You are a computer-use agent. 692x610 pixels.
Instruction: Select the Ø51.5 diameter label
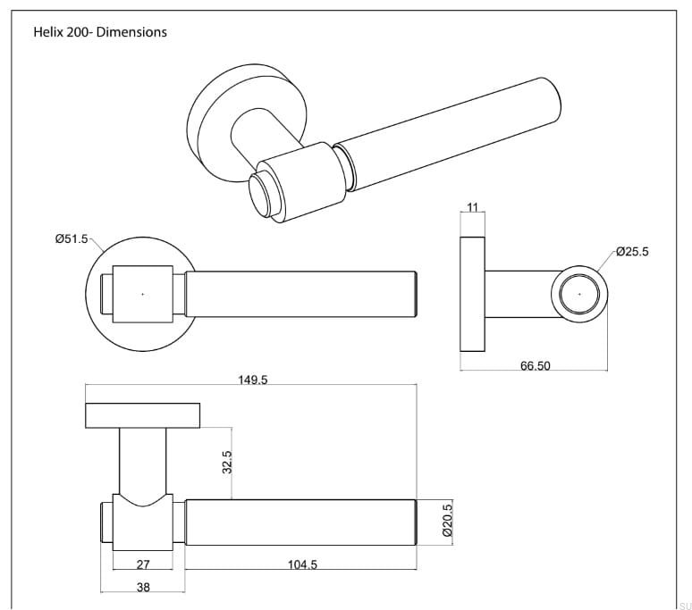72,238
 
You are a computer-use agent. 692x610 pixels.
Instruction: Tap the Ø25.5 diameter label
632,252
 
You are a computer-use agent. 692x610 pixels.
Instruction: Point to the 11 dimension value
473,208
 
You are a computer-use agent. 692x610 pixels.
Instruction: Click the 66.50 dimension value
535,366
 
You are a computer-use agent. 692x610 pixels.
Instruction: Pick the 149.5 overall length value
253,380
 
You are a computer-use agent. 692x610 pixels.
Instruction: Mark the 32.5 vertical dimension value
227,463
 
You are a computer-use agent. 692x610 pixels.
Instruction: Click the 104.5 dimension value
301,564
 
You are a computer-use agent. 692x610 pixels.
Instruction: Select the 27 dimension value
142,564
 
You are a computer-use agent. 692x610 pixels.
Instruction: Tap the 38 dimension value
143,588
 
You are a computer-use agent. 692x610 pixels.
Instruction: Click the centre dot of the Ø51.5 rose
143,293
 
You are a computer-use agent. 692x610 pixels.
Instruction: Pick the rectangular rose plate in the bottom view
143,415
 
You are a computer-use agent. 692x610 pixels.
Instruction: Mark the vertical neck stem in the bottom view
143,460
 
